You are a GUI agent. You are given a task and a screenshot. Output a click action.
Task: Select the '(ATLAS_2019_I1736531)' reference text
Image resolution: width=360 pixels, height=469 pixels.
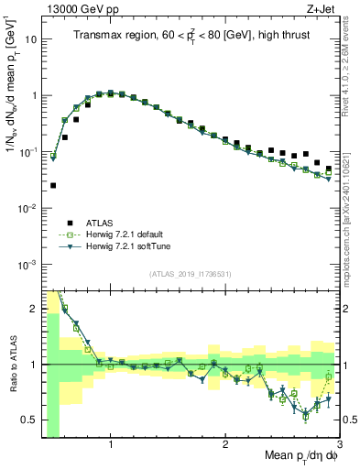click(x=191, y=274)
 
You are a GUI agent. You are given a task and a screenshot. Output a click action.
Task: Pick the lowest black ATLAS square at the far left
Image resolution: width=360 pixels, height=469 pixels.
click(x=53, y=185)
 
